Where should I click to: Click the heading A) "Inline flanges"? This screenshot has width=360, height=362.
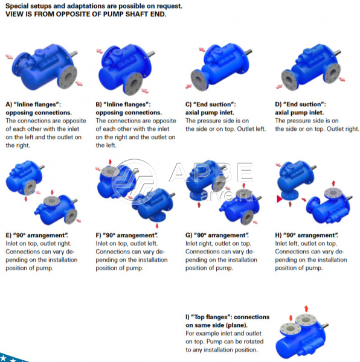coord(33,104)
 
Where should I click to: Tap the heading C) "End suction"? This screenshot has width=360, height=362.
coord(210,104)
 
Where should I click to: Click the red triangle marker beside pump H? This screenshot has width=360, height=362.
coord(279,198)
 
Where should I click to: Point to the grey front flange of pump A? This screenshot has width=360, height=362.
coord(67,77)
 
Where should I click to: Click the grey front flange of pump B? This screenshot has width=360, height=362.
coord(133,83)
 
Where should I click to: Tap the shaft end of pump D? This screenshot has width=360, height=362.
coord(338,52)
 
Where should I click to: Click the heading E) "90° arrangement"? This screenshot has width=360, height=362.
coord(37,235)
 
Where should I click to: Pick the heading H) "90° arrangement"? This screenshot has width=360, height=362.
coord(306,235)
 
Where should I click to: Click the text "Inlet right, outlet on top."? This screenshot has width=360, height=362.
coord(218,244)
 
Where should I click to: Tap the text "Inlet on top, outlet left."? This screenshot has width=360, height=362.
coord(127,244)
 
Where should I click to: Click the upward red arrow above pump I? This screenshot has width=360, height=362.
coord(306,309)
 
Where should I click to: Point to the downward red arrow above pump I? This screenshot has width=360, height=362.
coord(291,318)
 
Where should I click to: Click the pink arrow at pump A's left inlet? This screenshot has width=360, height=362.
coord(9,57)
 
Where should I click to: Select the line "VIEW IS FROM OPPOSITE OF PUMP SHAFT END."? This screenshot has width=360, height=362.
coord(86,14)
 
